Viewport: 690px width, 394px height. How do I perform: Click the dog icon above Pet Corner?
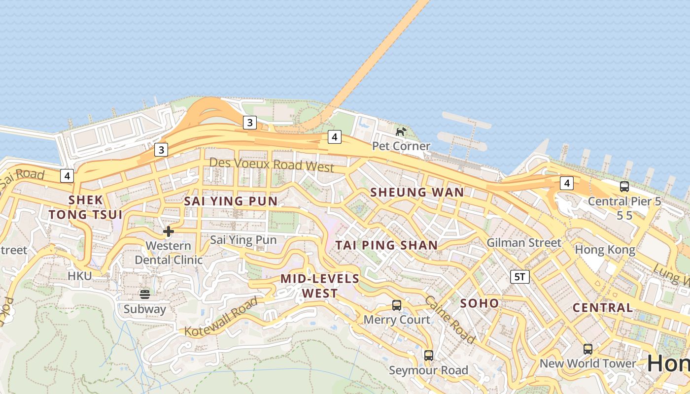(401, 131)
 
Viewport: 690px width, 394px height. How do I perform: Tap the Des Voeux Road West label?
(272, 164)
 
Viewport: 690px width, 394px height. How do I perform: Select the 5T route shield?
(520, 277)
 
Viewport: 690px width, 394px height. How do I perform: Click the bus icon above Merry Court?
(397, 305)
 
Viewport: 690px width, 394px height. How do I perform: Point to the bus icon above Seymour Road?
(429, 355)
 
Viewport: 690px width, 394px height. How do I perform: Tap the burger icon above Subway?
(145, 294)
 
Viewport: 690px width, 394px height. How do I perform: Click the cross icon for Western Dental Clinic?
(169, 231)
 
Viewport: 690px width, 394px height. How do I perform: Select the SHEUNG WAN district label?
(417, 192)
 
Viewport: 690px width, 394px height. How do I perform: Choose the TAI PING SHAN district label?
(386, 245)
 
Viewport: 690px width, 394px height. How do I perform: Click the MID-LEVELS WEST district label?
(320, 286)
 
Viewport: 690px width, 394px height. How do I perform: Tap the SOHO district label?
(480, 303)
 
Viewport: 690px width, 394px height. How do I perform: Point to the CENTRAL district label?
(602, 308)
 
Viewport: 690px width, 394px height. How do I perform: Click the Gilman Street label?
(524, 242)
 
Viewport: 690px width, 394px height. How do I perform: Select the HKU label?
(80, 276)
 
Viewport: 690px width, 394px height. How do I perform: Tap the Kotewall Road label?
(221, 317)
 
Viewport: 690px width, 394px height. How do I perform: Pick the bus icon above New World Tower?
(588, 349)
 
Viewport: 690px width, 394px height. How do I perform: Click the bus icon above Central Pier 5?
(624, 187)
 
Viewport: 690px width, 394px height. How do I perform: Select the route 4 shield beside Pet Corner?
(335, 137)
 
